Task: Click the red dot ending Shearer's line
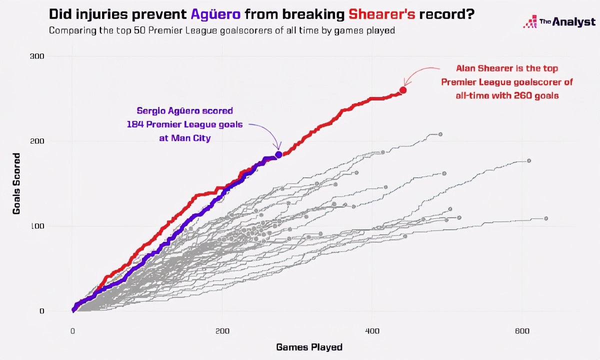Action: [402, 90]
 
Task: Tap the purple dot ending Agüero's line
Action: [278, 154]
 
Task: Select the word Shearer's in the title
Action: [380, 14]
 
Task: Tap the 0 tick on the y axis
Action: [41, 311]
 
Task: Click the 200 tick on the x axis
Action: [222, 330]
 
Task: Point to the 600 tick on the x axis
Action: [521, 330]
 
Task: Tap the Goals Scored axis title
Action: [17, 184]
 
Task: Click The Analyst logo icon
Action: [529, 22]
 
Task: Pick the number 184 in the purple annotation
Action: [136, 124]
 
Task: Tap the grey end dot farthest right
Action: [546, 218]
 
